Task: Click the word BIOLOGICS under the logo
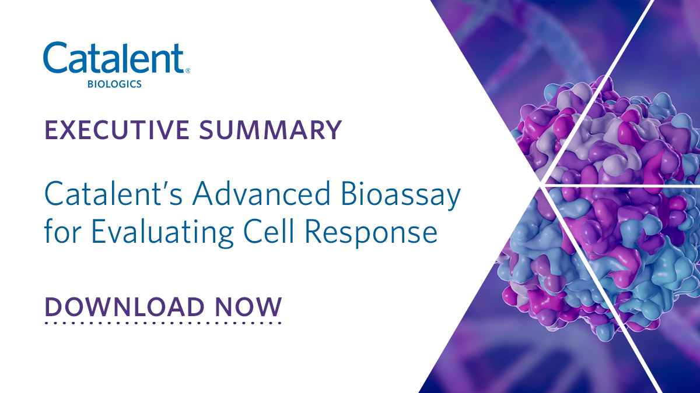(x=114, y=84)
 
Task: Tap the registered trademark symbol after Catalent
(x=187, y=71)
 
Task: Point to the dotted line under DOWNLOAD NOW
(x=163, y=321)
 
